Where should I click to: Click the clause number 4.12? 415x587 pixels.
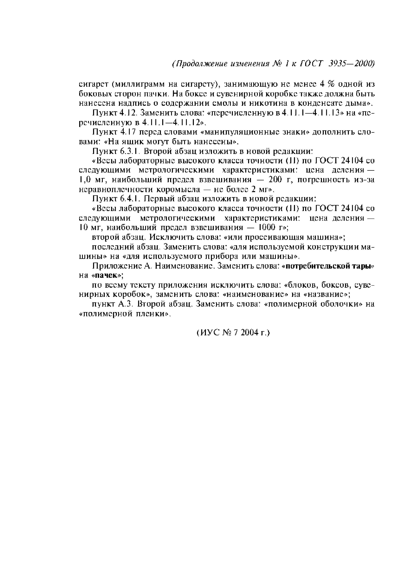(128, 113)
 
